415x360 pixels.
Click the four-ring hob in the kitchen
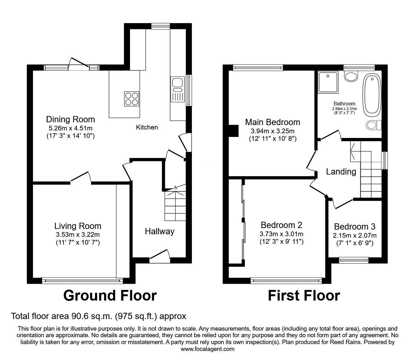[132, 99]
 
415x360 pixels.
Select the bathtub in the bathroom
[371, 94]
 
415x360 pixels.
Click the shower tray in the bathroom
[328, 82]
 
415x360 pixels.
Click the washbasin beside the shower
[352, 76]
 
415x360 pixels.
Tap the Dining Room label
[70, 119]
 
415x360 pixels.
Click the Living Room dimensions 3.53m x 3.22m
[77, 235]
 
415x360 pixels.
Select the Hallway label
[159, 231]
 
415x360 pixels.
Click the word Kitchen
[147, 127]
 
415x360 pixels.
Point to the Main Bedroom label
[272, 122]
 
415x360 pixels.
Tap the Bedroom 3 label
[355, 227]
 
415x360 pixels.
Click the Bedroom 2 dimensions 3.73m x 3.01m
[281, 234]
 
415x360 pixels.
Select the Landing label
[341, 171]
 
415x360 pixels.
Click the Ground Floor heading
[110, 296]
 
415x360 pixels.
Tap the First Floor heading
[304, 296]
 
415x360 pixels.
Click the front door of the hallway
[160, 255]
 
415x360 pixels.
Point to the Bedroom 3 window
[354, 259]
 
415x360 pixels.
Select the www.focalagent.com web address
[207, 349]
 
